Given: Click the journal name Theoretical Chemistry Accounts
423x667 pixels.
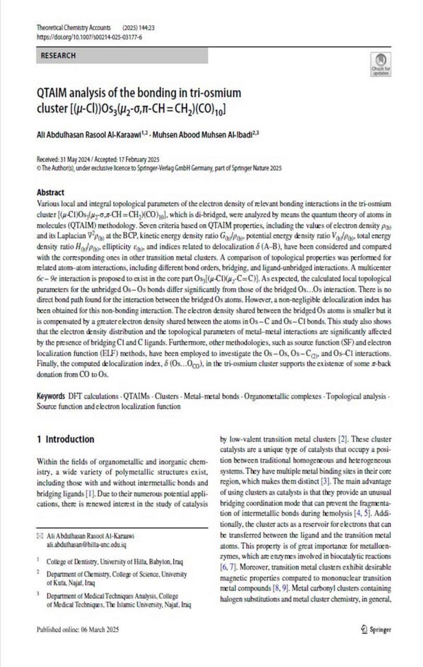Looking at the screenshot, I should [73, 28].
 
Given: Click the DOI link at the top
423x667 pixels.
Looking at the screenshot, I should [89, 38].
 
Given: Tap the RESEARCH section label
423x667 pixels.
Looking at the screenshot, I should [58, 56].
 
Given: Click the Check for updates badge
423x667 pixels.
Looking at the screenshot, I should [380, 64].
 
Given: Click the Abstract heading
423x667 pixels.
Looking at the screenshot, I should [51, 192].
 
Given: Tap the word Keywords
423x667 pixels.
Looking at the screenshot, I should [50, 396].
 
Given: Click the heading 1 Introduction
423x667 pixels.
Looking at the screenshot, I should [66, 439].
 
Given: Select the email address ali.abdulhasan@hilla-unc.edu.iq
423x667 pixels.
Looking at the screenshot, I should [86, 544].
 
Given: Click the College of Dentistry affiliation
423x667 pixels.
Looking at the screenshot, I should [114, 562].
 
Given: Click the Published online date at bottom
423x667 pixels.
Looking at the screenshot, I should [78, 629].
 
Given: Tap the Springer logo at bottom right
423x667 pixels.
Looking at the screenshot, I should [375, 629].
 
